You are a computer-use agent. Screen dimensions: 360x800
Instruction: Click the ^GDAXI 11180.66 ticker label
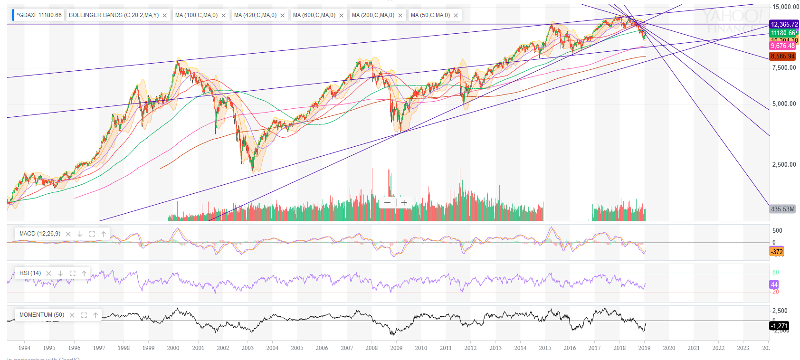coord(39,15)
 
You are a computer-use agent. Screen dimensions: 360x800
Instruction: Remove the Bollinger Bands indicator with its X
coord(165,16)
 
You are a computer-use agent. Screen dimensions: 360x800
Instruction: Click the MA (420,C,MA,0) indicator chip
coord(255,15)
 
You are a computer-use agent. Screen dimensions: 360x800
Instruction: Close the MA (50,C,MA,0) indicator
coord(456,16)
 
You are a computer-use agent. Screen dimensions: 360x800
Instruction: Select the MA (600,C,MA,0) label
coord(314,15)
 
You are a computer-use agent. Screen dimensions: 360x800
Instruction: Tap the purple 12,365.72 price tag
coord(784,24)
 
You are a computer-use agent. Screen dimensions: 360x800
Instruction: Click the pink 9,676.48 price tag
coord(782,46)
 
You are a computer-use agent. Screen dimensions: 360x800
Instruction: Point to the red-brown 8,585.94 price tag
coord(782,56)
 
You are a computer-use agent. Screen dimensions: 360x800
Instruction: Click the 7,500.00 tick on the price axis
coord(784,67)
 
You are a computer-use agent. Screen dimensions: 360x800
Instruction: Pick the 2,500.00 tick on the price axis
coord(784,164)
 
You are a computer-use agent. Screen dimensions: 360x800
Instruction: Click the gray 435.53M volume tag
coord(782,209)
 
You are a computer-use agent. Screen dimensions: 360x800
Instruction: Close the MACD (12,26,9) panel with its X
coord(68,234)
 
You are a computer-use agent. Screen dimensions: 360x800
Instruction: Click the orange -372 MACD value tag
coord(777,252)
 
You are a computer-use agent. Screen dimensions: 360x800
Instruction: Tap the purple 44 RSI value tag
coord(774,284)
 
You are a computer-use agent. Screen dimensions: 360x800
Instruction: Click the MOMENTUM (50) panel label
coord(42,315)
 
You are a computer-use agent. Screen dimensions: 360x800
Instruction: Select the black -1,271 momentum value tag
coord(779,326)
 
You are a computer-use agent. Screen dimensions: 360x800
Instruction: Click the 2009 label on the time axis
coord(396,348)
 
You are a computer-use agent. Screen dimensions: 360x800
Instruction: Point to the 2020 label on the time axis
coord(669,348)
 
